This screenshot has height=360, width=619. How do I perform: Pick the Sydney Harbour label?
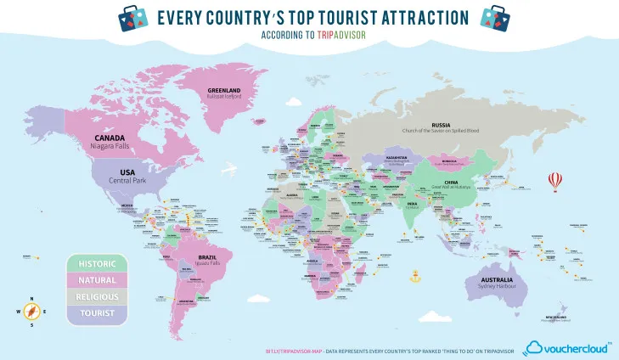tap(496, 288)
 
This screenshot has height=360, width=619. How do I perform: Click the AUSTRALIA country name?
tap(496, 280)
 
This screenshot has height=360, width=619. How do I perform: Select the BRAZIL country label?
tap(207, 256)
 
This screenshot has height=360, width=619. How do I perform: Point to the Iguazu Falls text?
tap(207, 263)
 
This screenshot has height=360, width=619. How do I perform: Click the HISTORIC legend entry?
tap(98, 262)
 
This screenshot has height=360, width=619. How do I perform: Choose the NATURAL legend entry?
tap(98, 278)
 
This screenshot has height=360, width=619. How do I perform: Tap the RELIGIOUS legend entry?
tap(98, 295)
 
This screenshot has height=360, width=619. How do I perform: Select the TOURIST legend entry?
tap(98, 312)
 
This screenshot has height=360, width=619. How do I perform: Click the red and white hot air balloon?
tap(556, 181)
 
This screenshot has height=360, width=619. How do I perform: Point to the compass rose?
tap(31, 312)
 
